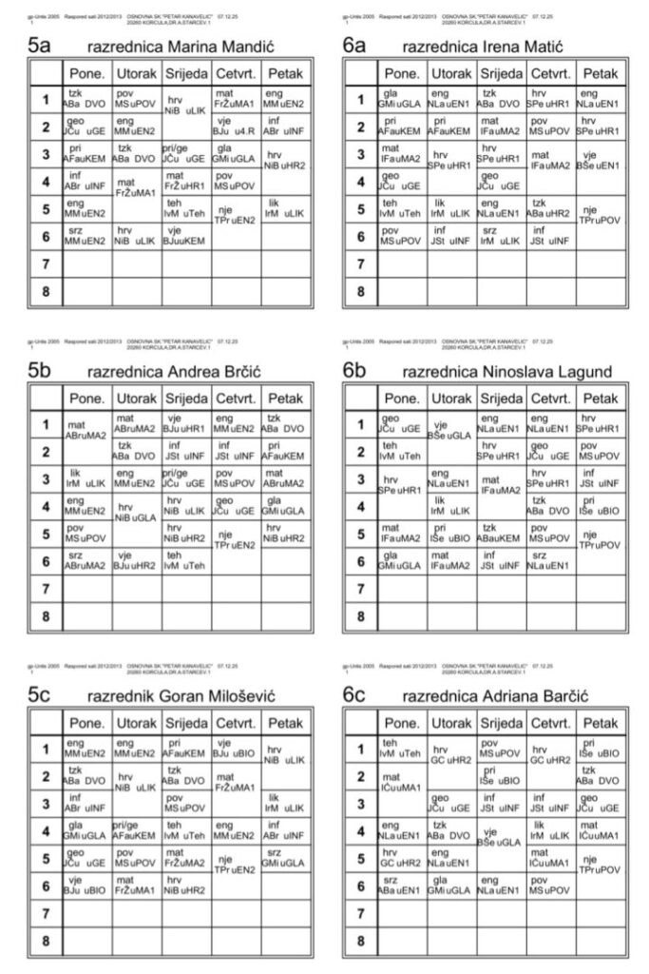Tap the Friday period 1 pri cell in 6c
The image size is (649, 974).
[599, 749]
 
